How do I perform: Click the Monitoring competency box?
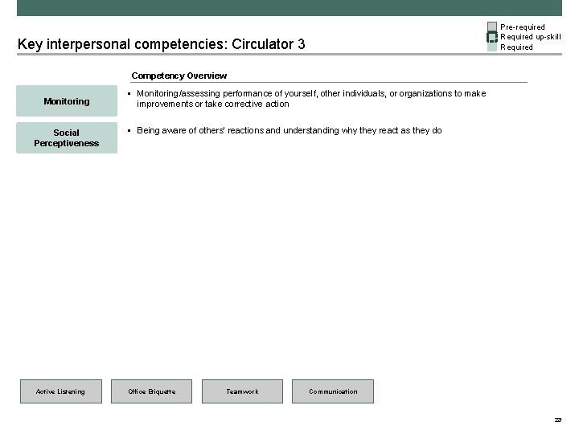coord(67,101)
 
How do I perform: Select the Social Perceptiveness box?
coord(67,137)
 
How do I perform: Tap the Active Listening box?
coord(60,391)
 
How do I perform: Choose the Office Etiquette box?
coord(152,391)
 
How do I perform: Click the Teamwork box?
coord(242,391)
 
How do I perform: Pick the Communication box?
coord(333,391)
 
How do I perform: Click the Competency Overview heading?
coord(179,76)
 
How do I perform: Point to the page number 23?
coord(557,420)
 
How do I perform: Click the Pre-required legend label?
coord(523,27)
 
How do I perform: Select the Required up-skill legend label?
coord(531,37)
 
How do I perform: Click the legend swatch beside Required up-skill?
coord(492,37)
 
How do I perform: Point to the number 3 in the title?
coord(301,43)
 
